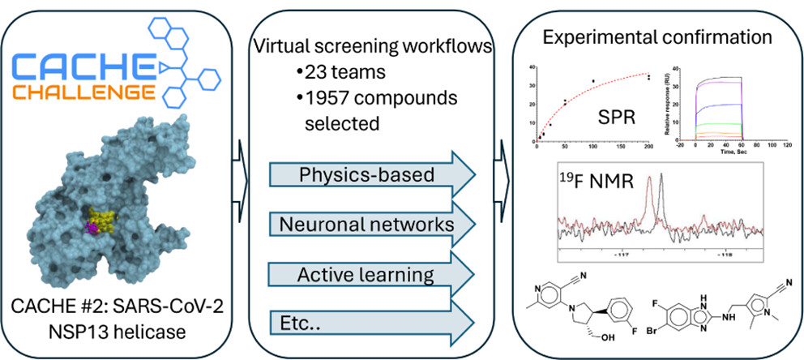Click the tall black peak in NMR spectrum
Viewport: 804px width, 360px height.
[x=663, y=195]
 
